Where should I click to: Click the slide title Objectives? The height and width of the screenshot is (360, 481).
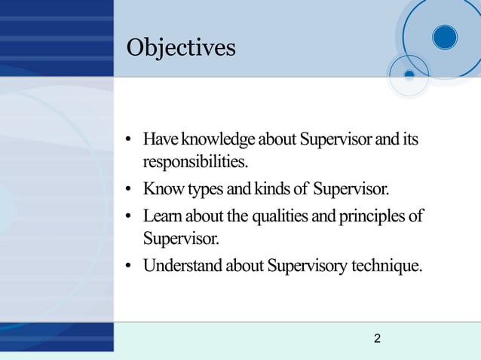coord(181,47)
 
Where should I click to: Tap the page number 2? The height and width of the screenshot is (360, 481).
coord(377,339)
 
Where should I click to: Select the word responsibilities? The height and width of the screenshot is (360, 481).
coord(195,162)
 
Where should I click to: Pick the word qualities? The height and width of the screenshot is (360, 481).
coord(287,217)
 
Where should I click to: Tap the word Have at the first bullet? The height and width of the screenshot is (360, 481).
coord(158,140)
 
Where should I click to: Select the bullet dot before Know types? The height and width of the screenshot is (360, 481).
coord(130,189)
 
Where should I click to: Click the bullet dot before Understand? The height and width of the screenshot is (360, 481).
coord(130,267)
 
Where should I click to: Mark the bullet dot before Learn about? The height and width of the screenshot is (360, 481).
coord(130,218)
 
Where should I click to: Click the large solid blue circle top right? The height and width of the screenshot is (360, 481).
coord(445,36)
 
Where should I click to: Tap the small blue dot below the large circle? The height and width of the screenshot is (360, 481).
coord(409,75)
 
